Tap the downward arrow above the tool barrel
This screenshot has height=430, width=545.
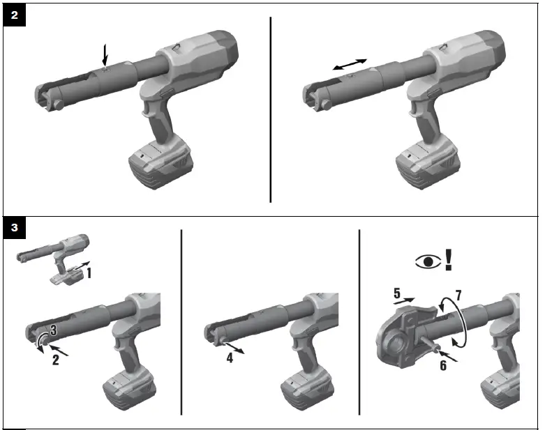[x=105, y=55]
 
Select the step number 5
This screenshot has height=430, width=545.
[x=397, y=294]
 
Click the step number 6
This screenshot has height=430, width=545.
[x=442, y=365]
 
